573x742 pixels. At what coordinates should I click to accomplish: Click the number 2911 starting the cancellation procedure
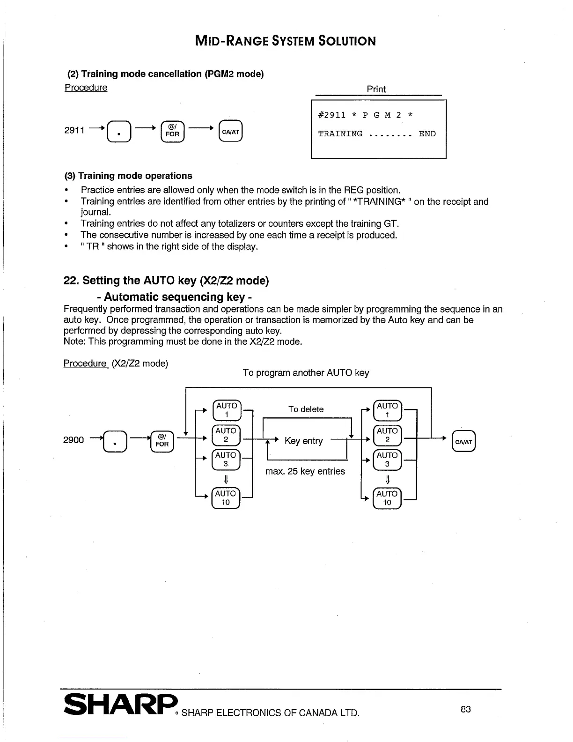pyautogui.click(x=74, y=130)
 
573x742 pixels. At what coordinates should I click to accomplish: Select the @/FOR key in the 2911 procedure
pyautogui.click(x=172, y=131)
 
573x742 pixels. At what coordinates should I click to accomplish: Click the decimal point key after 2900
pyautogui.click(x=114, y=442)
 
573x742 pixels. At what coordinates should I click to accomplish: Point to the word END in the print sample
pyautogui.click(x=427, y=134)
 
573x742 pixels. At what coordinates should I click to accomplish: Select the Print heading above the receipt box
pyautogui.click(x=376, y=89)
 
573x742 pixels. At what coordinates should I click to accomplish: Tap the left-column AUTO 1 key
pyautogui.click(x=227, y=410)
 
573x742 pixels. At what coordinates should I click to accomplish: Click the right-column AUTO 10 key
pyautogui.click(x=387, y=498)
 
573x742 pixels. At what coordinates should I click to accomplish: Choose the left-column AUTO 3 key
pyautogui.click(x=226, y=460)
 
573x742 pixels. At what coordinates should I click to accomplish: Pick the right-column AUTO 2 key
pyautogui.click(x=387, y=435)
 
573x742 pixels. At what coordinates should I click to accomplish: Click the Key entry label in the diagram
pyautogui.click(x=303, y=441)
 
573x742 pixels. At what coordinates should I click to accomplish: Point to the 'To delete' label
pyautogui.click(x=306, y=409)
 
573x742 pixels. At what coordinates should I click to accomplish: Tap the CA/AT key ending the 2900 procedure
pyautogui.click(x=463, y=442)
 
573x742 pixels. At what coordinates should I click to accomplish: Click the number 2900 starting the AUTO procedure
pyautogui.click(x=73, y=440)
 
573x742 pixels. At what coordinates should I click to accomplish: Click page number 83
pyautogui.click(x=465, y=709)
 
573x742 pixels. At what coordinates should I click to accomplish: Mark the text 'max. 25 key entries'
pyautogui.click(x=305, y=471)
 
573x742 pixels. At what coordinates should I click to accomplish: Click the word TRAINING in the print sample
pyautogui.click(x=340, y=134)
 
